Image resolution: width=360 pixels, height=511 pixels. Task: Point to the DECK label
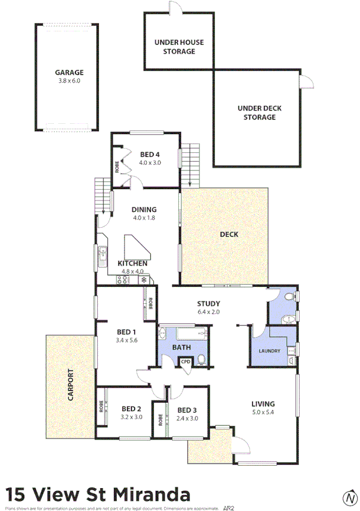click(x=229, y=234)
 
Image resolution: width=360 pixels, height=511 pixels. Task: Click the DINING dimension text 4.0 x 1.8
click(x=144, y=217)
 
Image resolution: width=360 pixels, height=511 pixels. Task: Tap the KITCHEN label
click(x=132, y=264)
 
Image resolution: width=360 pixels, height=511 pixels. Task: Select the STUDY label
click(x=208, y=304)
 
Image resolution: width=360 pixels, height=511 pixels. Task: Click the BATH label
click(x=181, y=347)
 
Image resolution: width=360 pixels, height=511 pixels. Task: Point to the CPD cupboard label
click(x=186, y=362)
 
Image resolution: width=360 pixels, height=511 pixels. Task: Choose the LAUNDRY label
click(x=269, y=351)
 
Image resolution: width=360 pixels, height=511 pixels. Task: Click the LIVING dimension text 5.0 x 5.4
click(x=264, y=413)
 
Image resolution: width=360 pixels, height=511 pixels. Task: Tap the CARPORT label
click(x=71, y=385)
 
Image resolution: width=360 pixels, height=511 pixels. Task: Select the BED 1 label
click(x=126, y=332)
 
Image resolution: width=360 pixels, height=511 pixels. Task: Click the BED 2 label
click(x=131, y=409)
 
